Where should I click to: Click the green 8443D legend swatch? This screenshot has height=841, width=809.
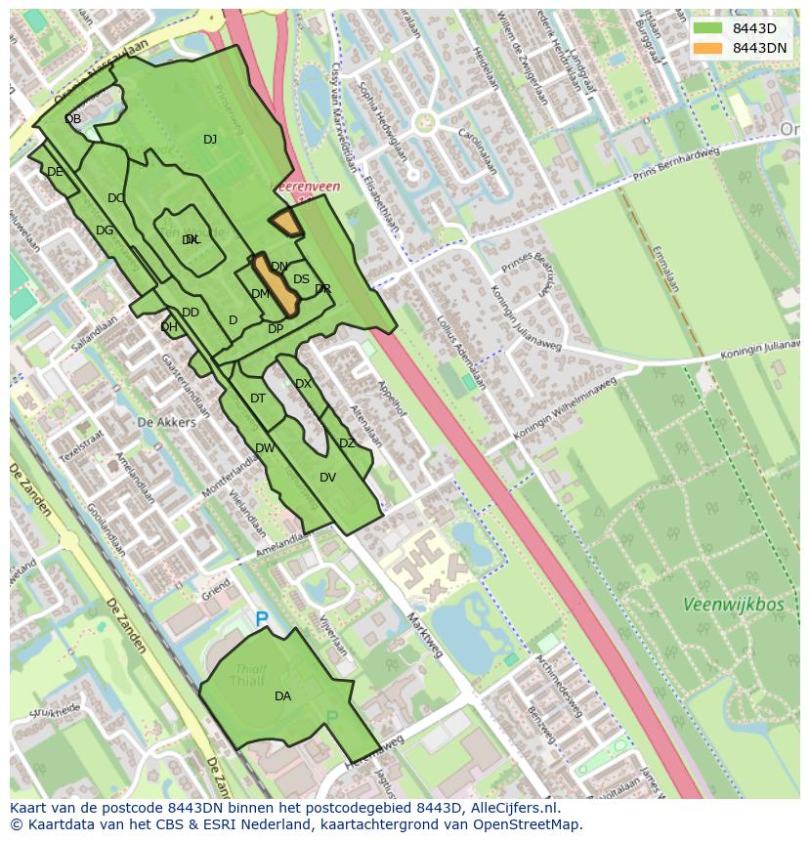708,28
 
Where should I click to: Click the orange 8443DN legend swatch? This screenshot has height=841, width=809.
708,48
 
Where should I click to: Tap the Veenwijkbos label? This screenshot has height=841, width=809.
733,605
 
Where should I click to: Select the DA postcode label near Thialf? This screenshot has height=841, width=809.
282,696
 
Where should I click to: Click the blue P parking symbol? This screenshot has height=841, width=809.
261,619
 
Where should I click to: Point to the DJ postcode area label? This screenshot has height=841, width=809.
210,140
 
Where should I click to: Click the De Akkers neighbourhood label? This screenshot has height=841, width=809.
166,422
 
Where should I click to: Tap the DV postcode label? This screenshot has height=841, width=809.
327,478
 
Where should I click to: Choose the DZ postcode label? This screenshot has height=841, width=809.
347,443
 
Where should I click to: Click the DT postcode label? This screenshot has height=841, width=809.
258,399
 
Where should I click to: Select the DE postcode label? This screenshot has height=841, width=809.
55,172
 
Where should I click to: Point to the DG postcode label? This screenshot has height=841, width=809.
105,231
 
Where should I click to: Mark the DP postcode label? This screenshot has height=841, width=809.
276,329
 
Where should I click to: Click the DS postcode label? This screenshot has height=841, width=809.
301,279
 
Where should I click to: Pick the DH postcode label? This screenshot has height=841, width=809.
169,327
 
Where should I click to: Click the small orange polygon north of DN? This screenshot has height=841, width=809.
286,223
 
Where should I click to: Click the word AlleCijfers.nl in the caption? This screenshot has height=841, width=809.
513,808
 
